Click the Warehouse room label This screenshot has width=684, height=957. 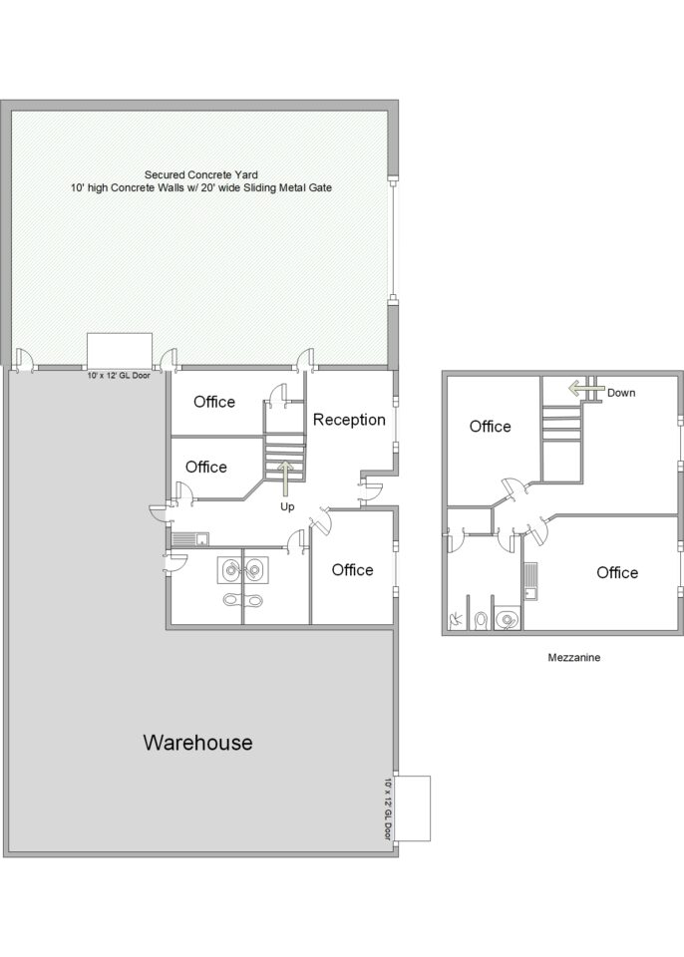197,742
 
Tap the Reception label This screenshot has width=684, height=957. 349,420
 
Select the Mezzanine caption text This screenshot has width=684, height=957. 574,657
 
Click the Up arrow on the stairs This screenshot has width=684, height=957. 286,478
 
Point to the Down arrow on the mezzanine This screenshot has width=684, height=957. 586,388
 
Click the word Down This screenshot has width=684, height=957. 621,393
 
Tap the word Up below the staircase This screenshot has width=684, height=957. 287,506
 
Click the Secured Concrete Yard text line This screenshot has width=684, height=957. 201,175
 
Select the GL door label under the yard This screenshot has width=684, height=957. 119,376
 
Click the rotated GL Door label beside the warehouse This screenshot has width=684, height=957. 387,808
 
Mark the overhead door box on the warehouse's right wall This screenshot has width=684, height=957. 412,808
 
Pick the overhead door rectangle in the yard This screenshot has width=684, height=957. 120,349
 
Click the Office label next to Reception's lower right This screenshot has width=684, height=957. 352,570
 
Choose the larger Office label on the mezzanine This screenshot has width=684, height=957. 617,572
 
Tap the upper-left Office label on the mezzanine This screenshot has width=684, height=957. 490,426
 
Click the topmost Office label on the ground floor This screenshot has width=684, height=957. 214,402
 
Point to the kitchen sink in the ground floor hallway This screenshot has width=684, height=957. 189,539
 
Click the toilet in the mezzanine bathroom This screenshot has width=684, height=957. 481,620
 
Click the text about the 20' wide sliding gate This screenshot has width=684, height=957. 201,188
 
